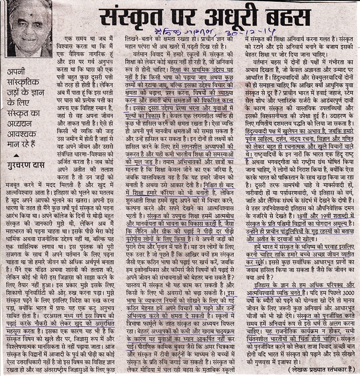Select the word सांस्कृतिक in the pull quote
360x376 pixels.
pos(25,82)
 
